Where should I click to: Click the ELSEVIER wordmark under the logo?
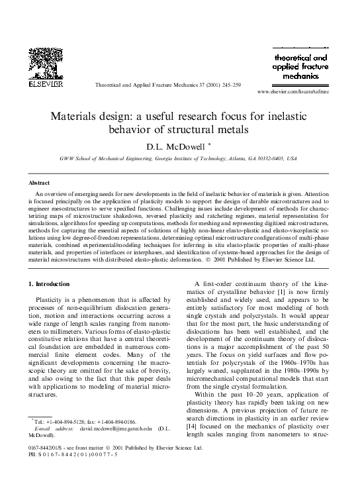pyautogui.click(x=38, y=85)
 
